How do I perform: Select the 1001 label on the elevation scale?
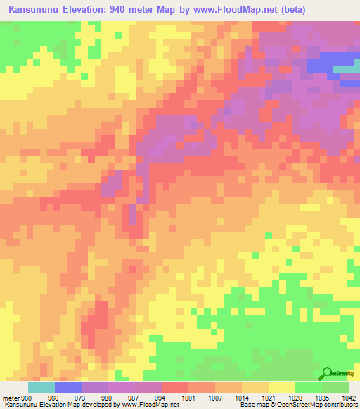click(x=188, y=398)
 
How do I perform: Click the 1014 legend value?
click(x=241, y=398)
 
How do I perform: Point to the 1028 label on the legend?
click(x=295, y=398)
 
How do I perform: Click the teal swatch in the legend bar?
click(x=41, y=387)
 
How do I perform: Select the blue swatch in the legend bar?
click(x=68, y=387)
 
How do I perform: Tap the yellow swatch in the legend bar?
click(x=281, y=387)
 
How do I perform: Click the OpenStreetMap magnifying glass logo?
click(x=327, y=374)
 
